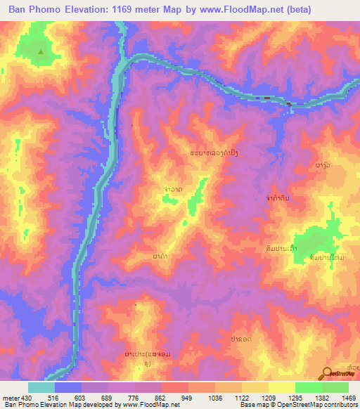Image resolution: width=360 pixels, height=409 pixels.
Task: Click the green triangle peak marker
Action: coord(41,52)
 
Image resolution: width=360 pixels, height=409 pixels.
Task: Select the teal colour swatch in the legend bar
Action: coord(41,388)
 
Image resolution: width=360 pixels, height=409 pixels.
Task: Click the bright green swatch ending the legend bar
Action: coord(335,388)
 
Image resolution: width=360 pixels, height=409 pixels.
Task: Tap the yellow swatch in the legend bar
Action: coord(281,388)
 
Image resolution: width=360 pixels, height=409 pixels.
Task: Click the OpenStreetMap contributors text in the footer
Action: coord(320,405)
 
